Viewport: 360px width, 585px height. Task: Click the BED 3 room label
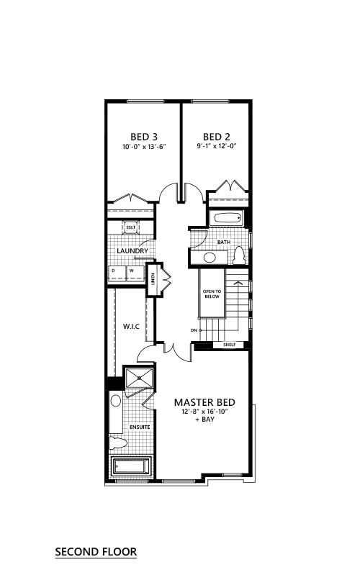[144, 137]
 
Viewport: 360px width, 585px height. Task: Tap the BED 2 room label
[217, 137]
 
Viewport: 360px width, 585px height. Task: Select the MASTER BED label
[204, 402]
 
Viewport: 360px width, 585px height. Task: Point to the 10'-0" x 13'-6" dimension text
[144, 147]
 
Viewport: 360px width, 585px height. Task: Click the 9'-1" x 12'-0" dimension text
[217, 146]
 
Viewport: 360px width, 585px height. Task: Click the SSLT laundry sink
[131, 227]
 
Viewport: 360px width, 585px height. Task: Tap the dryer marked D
[117, 273]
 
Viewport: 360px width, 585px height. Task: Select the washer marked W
[135, 273]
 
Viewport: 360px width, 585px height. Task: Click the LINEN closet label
[153, 278]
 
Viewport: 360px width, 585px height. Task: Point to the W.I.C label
[132, 327]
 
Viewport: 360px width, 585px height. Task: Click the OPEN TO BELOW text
[212, 294]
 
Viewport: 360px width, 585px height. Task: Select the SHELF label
[229, 345]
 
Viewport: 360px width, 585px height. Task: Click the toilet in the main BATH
[239, 255]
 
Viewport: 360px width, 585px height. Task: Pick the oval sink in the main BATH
[210, 258]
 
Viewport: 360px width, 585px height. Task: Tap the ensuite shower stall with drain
[139, 378]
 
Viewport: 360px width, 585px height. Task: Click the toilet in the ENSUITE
[118, 443]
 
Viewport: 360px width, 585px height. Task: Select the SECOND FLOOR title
[96, 552]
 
